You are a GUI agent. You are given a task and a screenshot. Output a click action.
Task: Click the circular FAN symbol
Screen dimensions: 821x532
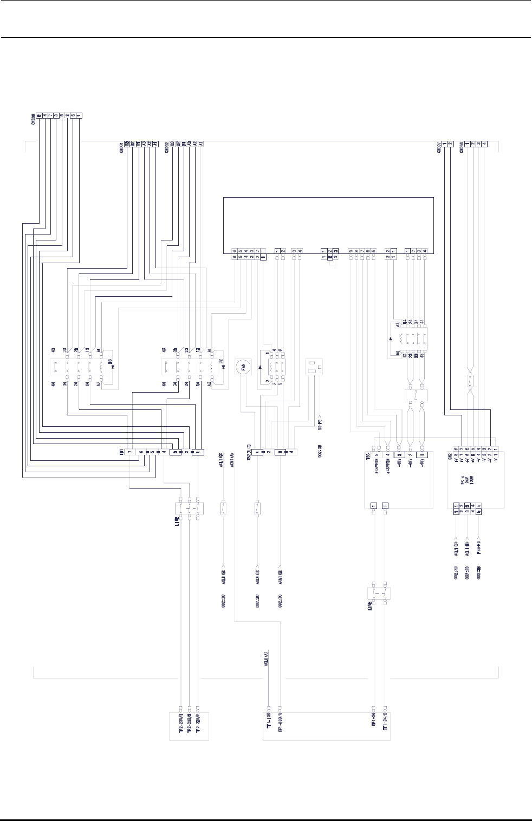click(x=243, y=367)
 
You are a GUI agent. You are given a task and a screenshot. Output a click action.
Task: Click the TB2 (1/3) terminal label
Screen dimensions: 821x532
click(x=250, y=454)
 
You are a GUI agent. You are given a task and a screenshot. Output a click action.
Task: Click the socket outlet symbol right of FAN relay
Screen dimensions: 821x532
click(x=315, y=368)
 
